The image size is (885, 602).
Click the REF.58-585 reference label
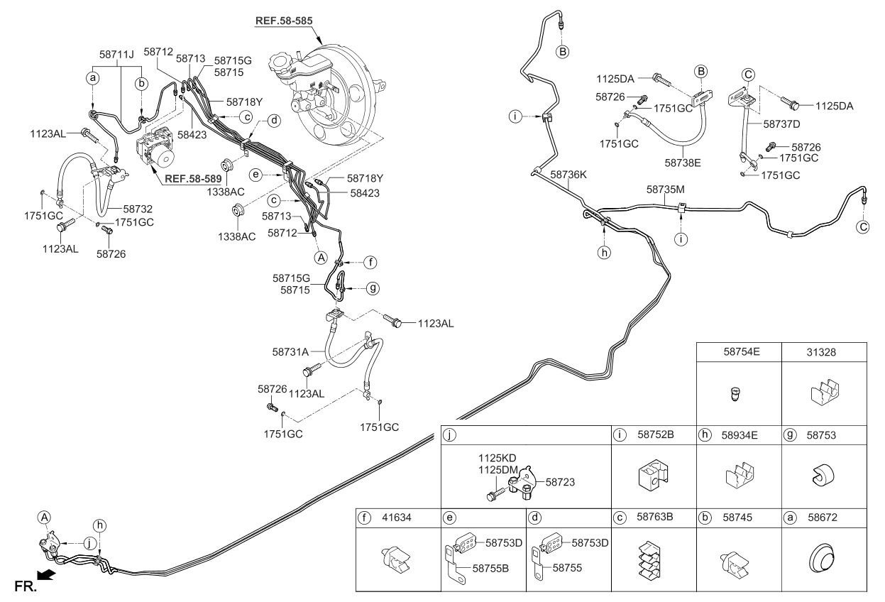tap(284, 21)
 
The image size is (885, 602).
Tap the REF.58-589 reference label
tap(193, 179)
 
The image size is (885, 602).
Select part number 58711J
tap(116, 55)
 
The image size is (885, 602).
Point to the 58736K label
tap(568, 175)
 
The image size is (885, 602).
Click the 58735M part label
tap(665, 190)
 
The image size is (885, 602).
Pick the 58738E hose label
tap(683, 163)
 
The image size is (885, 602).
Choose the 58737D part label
tap(781, 124)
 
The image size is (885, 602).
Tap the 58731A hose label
tap(290, 352)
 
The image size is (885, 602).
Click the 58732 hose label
tap(138, 209)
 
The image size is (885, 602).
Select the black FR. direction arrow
tap(46, 575)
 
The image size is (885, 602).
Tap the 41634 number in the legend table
tap(397, 518)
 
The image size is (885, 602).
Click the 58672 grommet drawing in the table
tap(821, 558)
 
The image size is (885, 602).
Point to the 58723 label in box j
tap(560, 482)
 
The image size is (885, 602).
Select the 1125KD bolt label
tap(498, 458)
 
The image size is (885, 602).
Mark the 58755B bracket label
tap(490, 569)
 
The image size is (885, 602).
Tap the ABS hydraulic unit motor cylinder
tap(164, 158)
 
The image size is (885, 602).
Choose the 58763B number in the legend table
tap(654, 517)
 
